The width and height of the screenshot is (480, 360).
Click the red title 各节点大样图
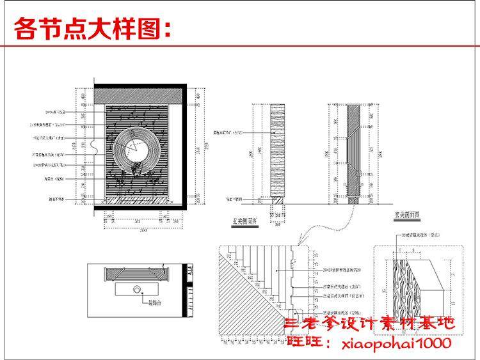tap(93, 29)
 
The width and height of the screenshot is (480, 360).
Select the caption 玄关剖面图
tap(406, 216)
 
